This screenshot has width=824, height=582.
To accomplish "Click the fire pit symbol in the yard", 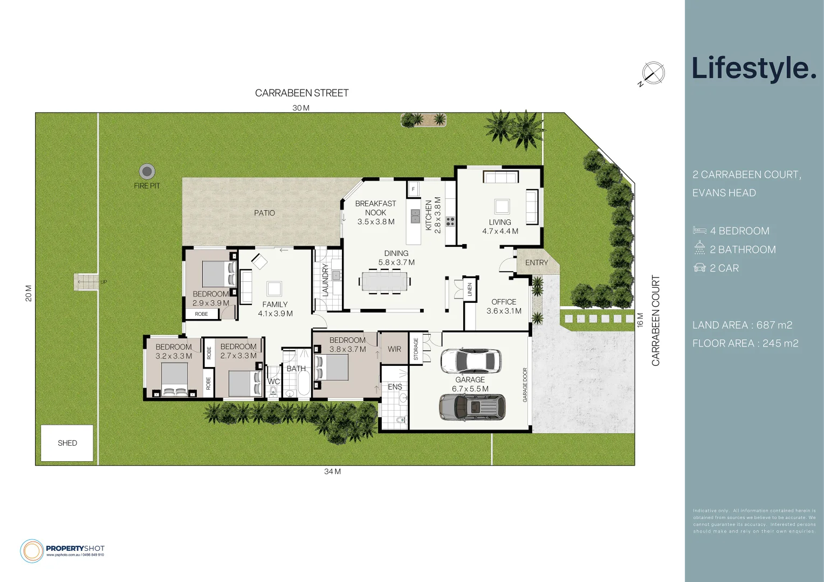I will pyautogui.click(x=147, y=171).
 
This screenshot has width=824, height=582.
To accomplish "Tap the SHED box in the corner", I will pyautogui.click(x=67, y=443).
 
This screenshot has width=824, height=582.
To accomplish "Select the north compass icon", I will pyautogui.click(x=653, y=73).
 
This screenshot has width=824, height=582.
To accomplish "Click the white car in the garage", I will pyautogui.click(x=471, y=361).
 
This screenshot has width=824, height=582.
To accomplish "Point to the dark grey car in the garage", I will pyautogui.click(x=472, y=407).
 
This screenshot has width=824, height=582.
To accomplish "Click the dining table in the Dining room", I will pyautogui.click(x=384, y=281).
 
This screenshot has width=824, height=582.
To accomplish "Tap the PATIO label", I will pyautogui.click(x=264, y=213).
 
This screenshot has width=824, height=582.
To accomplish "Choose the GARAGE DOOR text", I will pyautogui.click(x=525, y=385).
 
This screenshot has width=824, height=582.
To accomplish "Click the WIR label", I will pyautogui.click(x=394, y=349).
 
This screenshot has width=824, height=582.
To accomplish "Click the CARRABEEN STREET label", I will pyautogui.click(x=301, y=93).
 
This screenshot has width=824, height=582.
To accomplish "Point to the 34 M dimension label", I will pyautogui.click(x=332, y=472).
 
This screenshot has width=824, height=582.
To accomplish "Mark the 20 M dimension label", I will pyautogui.click(x=29, y=293).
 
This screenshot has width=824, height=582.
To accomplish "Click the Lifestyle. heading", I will pyautogui.click(x=754, y=68).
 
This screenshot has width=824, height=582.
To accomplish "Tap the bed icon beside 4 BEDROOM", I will pyautogui.click(x=699, y=231).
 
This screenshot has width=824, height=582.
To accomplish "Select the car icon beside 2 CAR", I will pyautogui.click(x=699, y=268).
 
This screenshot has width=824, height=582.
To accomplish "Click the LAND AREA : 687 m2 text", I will pyautogui.click(x=742, y=325).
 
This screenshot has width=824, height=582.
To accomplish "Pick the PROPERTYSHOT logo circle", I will pyautogui.click(x=32, y=551).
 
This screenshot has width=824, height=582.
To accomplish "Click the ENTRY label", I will pyautogui.click(x=536, y=262).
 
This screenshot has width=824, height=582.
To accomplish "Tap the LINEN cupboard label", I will pyautogui.click(x=470, y=289).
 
